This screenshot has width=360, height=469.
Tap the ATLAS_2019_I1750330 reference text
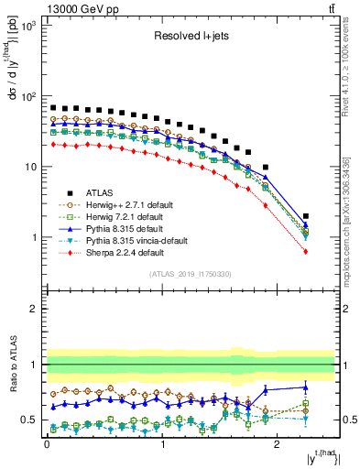191,274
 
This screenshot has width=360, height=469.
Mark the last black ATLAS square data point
305,216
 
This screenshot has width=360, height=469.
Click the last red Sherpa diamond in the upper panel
305,251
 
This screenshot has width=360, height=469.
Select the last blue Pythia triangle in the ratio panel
305,387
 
